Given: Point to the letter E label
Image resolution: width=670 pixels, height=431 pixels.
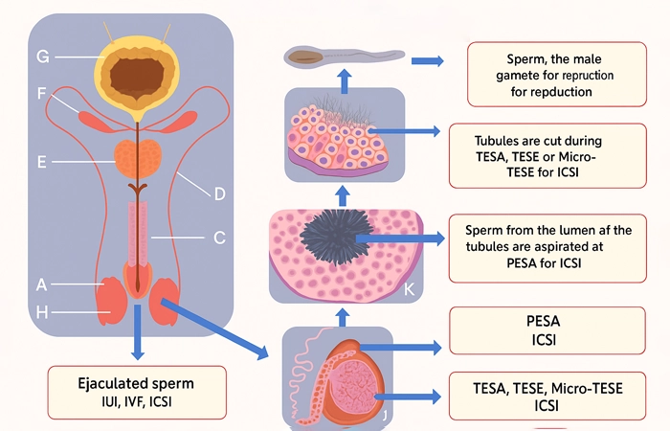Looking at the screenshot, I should (42, 162).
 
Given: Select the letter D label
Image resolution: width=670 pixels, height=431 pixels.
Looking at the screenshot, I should (218, 194).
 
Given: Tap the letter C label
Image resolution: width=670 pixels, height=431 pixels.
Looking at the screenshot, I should (218, 237).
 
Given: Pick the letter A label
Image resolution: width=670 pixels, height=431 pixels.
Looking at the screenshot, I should (42, 284).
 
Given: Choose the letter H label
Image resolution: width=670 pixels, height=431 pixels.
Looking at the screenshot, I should (42, 313).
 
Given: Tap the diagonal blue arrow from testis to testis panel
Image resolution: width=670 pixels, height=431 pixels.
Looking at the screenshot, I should (216, 329).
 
